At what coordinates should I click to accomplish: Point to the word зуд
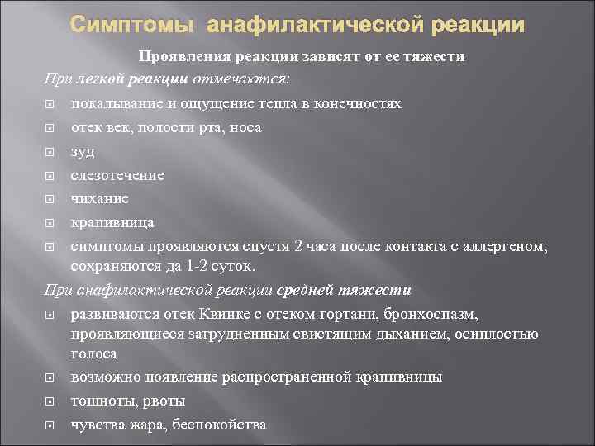[x=83, y=151]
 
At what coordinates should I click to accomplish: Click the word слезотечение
[x=117, y=175]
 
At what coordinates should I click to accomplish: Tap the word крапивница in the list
[x=112, y=223]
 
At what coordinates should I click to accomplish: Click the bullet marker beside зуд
[x=50, y=152]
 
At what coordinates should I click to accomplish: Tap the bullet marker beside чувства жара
[x=50, y=425]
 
